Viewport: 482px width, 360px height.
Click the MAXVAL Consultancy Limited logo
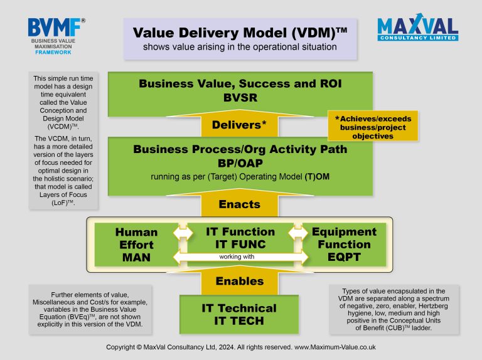point(418,27)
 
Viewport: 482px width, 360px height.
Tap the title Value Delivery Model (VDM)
point(240,33)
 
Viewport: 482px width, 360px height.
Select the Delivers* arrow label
point(239,125)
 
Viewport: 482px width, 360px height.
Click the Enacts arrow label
point(240,204)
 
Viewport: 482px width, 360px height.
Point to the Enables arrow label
point(240,281)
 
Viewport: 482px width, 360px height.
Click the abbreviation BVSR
point(240,98)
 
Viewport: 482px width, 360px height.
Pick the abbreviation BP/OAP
point(240,163)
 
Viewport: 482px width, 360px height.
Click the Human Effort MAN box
point(136,245)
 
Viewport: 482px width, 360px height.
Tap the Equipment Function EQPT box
point(345,245)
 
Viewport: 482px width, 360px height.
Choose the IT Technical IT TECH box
point(239,314)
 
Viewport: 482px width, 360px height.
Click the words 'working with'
point(237,257)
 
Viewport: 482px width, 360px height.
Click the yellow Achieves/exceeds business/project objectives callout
point(373,126)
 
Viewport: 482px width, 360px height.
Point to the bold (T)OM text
point(317,177)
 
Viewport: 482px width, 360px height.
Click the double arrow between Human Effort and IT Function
point(183,233)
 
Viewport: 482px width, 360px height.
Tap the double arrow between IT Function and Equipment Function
point(298,233)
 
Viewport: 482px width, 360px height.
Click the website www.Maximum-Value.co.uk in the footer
point(335,347)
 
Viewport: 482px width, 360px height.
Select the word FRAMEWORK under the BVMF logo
point(53,52)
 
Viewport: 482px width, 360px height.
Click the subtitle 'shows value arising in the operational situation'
point(240,47)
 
